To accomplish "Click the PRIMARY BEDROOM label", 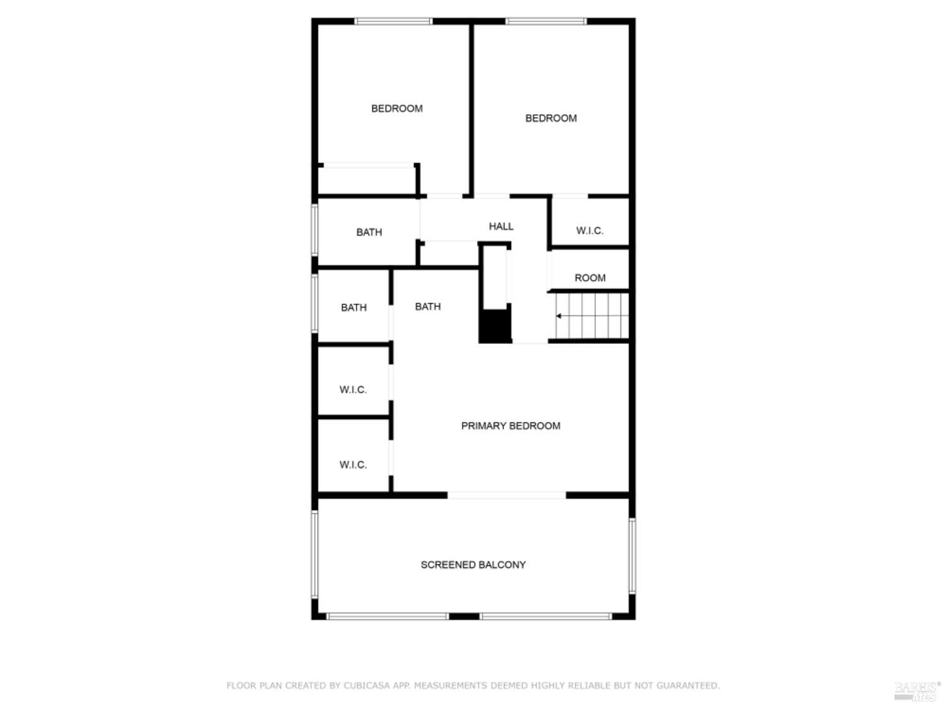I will pos(510,426).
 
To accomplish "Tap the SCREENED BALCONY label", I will pos(473,565).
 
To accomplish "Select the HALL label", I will pos(501,227).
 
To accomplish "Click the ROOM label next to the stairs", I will pos(590,278).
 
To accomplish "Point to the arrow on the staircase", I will pos(559,316).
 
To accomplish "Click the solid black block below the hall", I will pos(495,326).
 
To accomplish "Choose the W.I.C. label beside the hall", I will pos(590,231).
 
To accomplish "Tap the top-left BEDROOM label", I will pos(396,109).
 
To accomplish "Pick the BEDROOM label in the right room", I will pos(551,118).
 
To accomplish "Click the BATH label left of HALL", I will pos(369,232).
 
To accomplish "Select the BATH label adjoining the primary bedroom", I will pos(427,307).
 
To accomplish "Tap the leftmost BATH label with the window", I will pos(354,307).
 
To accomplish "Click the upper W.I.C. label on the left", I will pos(353,390).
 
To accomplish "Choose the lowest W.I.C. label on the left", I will pos(353,465).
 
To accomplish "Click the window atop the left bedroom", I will pos(393,21).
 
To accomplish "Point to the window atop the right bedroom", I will pos(545,21).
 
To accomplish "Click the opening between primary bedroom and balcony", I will pos(506,495).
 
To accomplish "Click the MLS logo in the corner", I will pos(916,691).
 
